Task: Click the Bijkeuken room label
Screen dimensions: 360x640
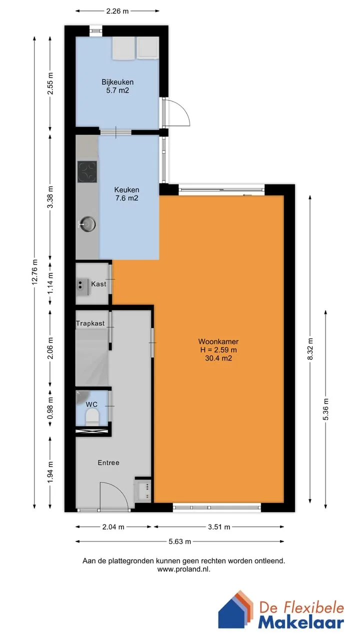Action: [x=117, y=82]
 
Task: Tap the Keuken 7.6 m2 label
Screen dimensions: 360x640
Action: [x=126, y=193]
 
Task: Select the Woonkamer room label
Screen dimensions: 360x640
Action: [x=218, y=341]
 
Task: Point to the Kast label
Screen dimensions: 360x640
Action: [x=98, y=284]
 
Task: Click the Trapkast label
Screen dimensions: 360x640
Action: [x=90, y=323]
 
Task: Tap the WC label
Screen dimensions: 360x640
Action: [x=91, y=404]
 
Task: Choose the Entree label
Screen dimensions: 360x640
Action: [x=108, y=462]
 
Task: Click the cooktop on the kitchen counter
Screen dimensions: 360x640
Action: [x=87, y=171]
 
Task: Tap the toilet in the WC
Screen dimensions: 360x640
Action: [x=92, y=416]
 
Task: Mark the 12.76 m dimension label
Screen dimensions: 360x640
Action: [x=34, y=272]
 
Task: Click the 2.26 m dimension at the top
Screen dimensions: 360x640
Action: [x=117, y=11]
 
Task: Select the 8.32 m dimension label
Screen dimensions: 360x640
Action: [x=310, y=349]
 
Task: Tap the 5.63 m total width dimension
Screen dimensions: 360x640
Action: [x=179, y=541]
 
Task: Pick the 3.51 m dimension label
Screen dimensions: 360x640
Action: [x=219, y=527]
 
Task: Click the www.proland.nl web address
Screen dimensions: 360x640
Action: [x=183, y=569]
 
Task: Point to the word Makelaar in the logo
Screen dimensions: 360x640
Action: [x=301, y=622]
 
